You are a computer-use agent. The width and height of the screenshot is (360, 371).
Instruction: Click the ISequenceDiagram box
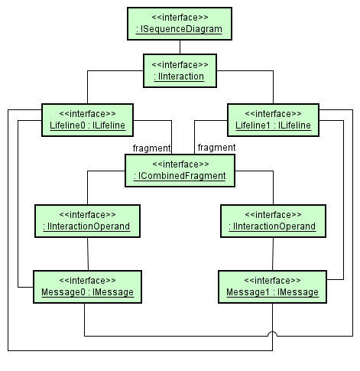(180, 23)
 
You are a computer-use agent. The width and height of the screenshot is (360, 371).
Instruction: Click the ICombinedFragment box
(180, 170)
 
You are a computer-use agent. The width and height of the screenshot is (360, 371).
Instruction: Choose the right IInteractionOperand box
(272, 220)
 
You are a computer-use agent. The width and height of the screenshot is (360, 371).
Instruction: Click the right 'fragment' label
(216, 148)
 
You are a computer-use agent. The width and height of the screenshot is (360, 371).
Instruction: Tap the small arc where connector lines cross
(273, 335)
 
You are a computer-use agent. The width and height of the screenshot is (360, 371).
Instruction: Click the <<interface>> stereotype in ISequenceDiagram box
(180, 17)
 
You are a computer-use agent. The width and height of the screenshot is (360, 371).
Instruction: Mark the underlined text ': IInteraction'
(180, 76)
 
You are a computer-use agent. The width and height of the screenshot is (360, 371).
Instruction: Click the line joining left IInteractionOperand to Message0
(89, 253)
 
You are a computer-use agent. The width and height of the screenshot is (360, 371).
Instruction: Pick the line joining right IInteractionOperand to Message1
(273, 253)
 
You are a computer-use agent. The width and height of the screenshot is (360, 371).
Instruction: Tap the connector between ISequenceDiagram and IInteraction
(180, 46)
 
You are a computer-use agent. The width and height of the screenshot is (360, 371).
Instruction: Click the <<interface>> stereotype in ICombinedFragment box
(180, 164)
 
